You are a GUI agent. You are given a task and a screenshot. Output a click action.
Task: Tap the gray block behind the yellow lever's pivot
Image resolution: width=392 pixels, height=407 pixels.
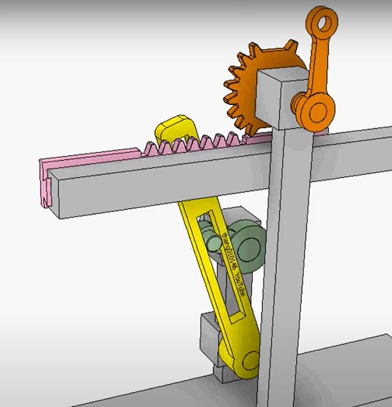tap(209, 338)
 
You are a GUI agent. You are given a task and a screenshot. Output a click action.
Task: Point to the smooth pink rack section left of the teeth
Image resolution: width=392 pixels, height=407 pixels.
tap(93, 156)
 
